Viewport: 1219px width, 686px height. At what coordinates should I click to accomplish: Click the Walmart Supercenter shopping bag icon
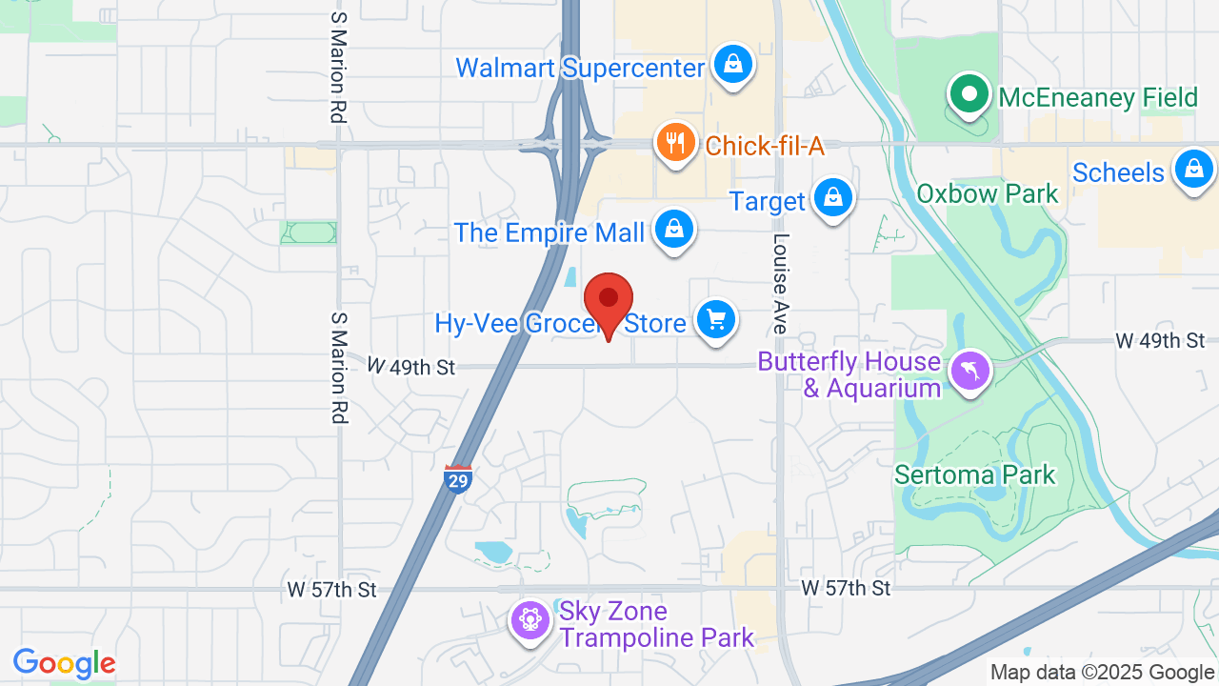732,65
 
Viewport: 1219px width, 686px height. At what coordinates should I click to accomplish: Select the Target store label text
768,201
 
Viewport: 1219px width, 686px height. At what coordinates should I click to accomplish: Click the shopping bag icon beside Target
833,198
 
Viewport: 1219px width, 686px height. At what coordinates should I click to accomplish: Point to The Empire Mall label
550,232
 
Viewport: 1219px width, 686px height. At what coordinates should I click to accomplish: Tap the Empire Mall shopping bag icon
674,230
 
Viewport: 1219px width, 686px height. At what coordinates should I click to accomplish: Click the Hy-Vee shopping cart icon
716,319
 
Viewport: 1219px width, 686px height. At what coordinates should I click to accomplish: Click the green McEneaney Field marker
969,94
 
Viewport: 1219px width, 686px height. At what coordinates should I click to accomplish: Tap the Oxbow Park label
987,193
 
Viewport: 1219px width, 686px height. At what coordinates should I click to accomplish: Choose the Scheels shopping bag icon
1192,170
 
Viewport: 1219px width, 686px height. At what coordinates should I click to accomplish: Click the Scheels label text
1118,172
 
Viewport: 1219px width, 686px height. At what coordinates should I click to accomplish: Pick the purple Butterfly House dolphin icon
970,371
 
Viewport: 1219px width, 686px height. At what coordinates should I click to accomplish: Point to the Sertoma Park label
974,474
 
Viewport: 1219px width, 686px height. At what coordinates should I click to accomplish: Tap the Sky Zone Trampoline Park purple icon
529,620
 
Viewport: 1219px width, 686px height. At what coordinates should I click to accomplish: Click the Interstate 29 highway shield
458,479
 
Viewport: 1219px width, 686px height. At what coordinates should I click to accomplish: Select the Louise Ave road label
781,283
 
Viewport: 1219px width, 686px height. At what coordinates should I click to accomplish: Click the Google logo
64,663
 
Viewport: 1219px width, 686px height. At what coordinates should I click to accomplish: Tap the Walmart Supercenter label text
580,68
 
